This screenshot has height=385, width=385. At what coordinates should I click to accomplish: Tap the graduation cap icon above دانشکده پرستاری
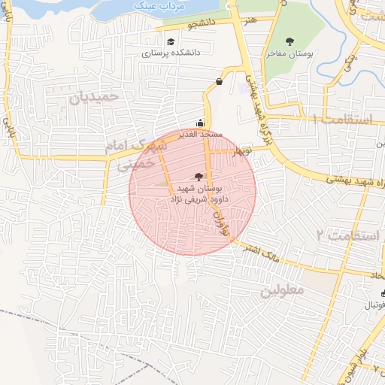171,43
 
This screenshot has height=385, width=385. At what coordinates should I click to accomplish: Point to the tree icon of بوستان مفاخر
290,42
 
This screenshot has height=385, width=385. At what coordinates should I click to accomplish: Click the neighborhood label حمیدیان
94,97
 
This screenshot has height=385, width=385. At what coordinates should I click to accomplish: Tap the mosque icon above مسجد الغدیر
200,123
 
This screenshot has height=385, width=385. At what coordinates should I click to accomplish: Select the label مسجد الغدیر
200,135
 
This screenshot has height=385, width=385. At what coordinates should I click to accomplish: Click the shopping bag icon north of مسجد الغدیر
219,81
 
